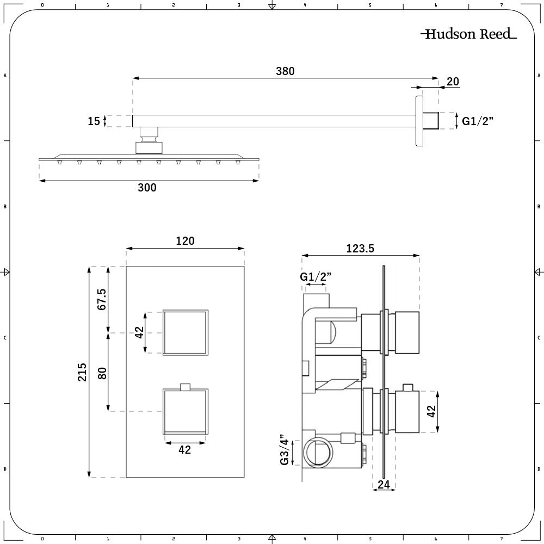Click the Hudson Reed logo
click(468, 34)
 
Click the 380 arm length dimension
click(285, 71)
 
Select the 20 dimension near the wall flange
click(452, 82)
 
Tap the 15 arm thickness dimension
click(94, 121)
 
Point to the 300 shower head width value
click(147, 188)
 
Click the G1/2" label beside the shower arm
click(477, 121)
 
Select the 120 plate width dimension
click(185, 241)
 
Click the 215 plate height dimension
click(82, 372)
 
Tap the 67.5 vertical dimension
click(102, 299)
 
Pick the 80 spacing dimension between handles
click(102, 373)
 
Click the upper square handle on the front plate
click(186, 332)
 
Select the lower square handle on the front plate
click(186, 411)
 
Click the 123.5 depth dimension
click(360, 249)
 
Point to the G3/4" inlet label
click(284, 450)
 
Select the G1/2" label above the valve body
click(316, 277)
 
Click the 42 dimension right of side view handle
click(431, 411)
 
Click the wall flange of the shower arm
click(419, 121)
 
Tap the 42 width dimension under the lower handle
click(185, 450)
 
